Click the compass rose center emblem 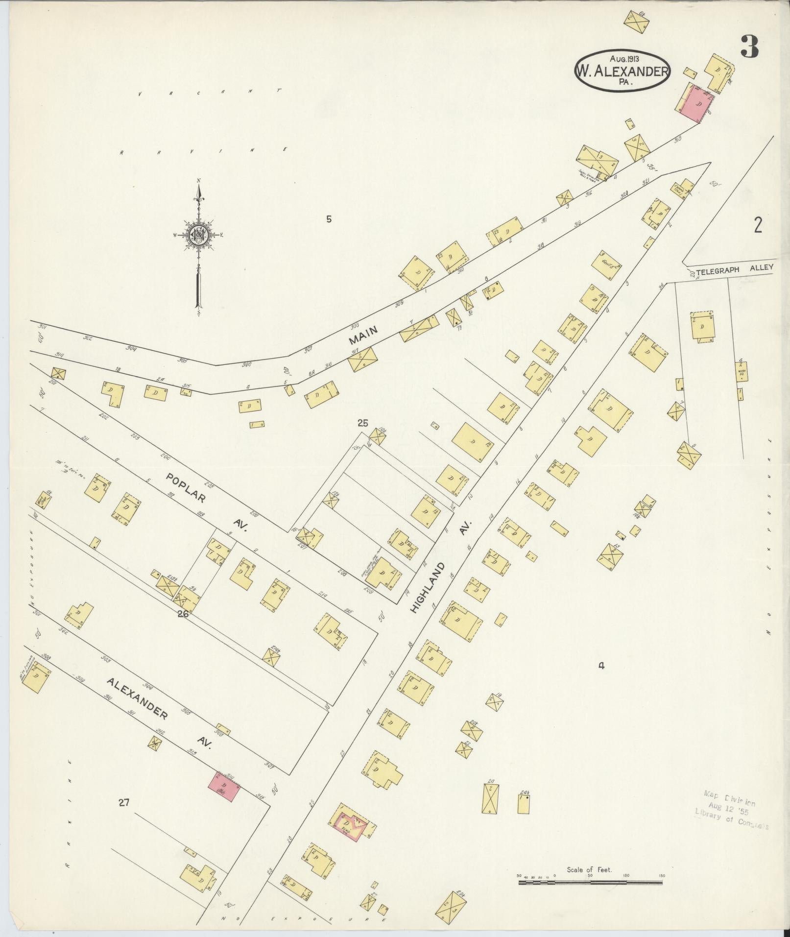click(199, 235)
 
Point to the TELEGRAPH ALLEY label click(734, 267)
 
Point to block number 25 click(362, 423)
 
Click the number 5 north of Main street click(329, 219)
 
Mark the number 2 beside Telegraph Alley click(758, 226)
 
